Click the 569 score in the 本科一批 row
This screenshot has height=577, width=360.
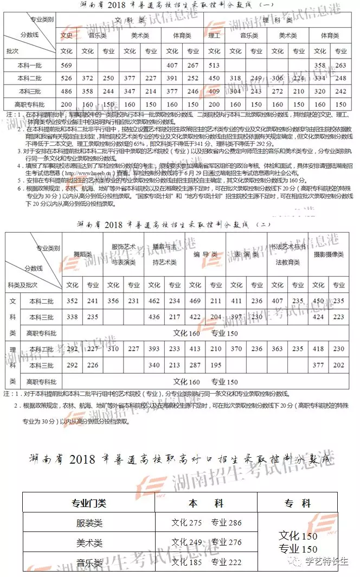pos(67,65)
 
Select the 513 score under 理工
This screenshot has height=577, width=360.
pos(214,65)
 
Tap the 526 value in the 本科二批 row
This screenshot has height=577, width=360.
pos(67,78)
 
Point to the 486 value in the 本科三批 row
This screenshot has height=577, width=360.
pos(67,91)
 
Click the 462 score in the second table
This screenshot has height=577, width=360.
pos(155,301)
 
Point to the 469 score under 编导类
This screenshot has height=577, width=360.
pos(196,301)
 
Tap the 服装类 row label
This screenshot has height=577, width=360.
pos(88,523)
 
